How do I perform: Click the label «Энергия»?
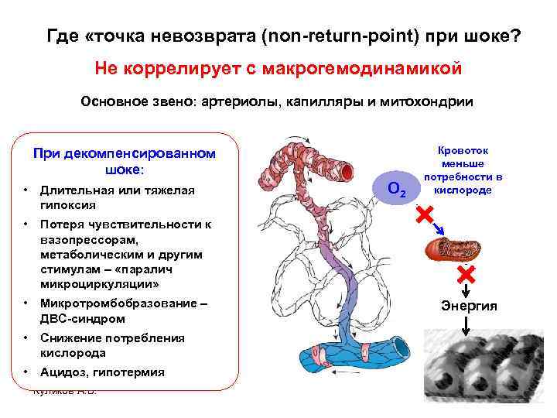click(470, 307)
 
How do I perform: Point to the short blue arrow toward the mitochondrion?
click(438, 227)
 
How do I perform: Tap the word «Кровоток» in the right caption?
click(463, 152)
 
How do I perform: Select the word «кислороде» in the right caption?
click(463, 190)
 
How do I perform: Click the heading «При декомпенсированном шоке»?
click(125, 160)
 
